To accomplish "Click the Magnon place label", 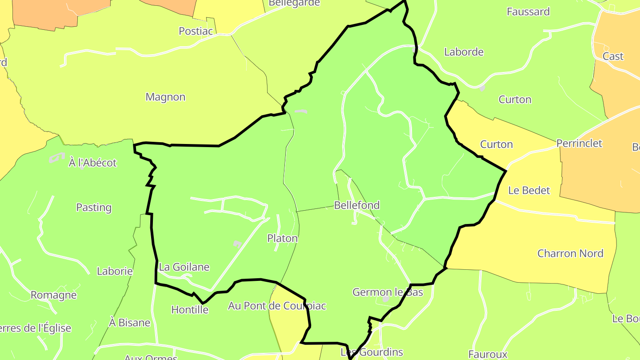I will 165,97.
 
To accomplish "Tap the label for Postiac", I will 196,31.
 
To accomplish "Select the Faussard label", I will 528,12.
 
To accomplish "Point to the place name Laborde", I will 464,52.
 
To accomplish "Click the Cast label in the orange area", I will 613,56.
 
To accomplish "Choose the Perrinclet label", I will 579,144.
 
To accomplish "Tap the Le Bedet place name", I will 529,190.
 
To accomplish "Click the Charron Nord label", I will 570,253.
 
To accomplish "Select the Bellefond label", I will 357,205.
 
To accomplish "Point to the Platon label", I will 282,238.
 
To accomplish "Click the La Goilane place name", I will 184,267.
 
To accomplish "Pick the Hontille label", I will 190,310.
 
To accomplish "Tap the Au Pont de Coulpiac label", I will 277,306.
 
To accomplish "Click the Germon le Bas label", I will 388,292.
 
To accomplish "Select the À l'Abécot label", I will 92,163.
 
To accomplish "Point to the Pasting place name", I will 94,208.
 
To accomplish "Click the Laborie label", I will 115,271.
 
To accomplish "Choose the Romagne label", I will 53,295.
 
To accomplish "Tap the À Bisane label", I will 130,323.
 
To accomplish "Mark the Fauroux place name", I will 488,354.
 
